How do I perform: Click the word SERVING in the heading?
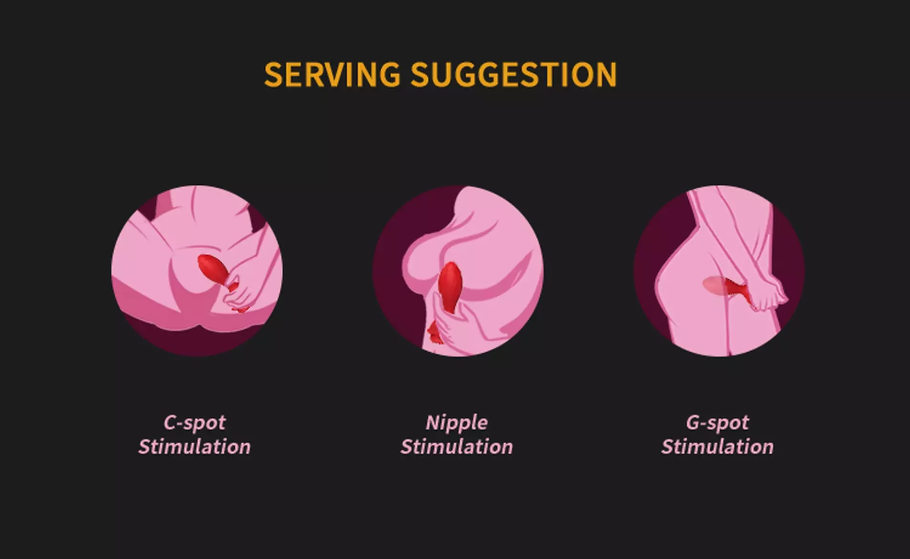click(332, 74)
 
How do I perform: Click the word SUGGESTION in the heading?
click(514, 74)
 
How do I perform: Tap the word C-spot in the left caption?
click(194, 423)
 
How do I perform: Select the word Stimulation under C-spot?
click(194, 447)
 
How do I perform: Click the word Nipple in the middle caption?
click(456, 423)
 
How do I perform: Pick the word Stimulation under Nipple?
click(456, 447)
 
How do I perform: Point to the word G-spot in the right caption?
click(717, 423)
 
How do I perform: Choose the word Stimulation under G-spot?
click(717, 447)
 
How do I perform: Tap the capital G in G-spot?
click(693, 422)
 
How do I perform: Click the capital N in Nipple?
click(433, 422)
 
